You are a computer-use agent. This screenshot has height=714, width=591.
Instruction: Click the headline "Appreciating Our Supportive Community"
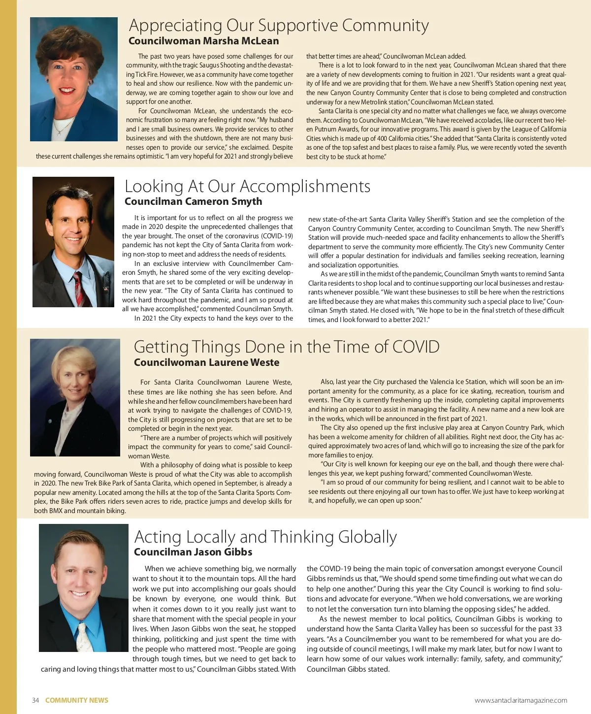279,25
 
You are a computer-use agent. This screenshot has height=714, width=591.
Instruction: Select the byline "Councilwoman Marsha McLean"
203,41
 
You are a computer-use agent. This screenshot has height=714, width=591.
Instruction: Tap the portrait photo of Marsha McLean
74,79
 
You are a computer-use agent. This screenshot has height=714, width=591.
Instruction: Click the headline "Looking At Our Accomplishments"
247,186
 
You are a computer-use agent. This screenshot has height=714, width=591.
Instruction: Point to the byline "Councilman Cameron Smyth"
193,201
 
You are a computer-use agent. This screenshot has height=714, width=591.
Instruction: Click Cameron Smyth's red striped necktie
78,288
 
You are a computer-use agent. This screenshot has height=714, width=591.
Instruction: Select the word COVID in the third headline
416,347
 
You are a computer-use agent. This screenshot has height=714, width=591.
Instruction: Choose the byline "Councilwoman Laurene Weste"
206,362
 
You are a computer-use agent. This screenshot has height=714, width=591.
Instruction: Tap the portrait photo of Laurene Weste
75,397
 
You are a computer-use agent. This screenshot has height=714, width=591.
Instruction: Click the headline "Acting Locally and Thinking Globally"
265,537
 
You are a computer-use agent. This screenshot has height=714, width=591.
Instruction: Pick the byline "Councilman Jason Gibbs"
193,552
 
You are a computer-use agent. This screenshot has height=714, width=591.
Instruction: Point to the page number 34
35,700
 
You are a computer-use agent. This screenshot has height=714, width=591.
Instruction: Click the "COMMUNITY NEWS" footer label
77,700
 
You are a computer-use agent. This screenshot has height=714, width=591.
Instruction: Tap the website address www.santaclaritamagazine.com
521,700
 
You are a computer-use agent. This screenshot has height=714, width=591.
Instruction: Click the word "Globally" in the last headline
367,537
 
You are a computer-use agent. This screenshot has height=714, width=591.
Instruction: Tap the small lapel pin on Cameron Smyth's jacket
105,288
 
